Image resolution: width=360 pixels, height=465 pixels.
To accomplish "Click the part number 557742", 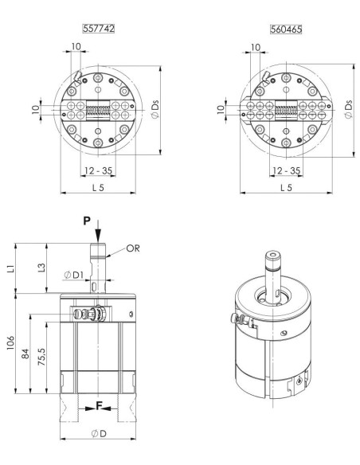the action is pos(99,29).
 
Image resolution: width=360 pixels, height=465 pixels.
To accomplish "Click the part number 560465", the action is pos(286,29).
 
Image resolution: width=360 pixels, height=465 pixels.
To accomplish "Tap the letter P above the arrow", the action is pos(87,221).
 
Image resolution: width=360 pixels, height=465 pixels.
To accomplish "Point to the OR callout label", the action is pos(133,248).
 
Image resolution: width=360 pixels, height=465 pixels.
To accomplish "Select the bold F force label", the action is pos(99,406).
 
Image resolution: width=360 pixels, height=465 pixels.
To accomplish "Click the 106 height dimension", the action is pos(10,343).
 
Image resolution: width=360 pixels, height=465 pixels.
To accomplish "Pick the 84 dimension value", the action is pos(25,354).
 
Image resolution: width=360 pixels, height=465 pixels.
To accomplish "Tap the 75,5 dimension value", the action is pos(41,357).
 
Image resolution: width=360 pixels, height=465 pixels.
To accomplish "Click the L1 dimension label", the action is pos(10,268).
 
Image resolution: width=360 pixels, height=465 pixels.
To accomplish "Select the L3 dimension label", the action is pos(41,268).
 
